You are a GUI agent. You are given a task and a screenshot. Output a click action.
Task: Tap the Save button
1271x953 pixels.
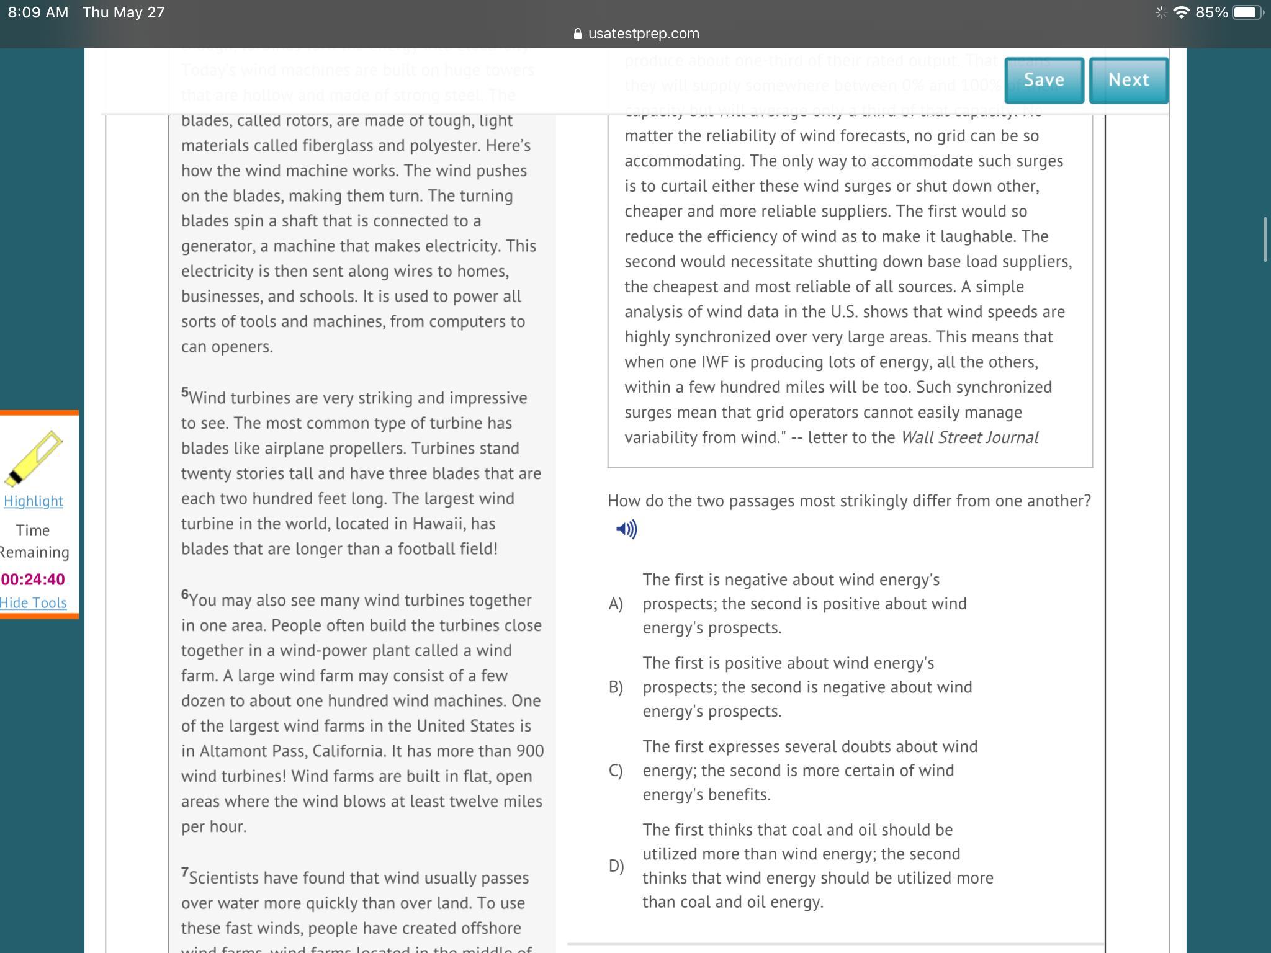(x=1044, y=80)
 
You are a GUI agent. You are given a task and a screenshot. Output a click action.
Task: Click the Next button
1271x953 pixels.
(x=1128, y=80)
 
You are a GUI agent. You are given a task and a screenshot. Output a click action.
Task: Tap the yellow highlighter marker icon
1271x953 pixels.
(x=34, y=458)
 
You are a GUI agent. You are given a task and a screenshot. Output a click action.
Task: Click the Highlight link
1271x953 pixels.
(x=34, y=501)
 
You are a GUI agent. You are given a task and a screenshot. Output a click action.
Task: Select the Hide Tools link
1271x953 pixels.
(x=34, y=602)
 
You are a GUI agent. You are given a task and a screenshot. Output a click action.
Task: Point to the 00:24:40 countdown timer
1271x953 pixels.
(x=33, y=579)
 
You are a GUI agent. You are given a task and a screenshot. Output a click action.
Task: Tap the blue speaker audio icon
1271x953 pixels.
(x=626, y=529)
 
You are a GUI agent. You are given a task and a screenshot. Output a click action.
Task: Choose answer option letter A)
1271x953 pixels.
(x=616, y=604)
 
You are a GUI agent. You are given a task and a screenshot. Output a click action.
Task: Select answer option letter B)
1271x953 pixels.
(x=616, y=687)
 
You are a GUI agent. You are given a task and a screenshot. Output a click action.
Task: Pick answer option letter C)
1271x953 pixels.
(x=616, y=771)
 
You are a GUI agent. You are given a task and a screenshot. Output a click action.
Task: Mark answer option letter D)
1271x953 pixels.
(x=616, y=866)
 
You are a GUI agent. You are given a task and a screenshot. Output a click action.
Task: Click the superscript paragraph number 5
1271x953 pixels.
(x=185, y=392)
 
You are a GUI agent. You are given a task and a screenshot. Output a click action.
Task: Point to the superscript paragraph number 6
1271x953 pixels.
(x=185, y=594)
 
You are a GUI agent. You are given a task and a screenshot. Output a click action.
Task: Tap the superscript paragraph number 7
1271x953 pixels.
(x=185, y=872)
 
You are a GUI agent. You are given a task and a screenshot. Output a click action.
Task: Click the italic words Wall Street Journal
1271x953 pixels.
(x=969, y=437)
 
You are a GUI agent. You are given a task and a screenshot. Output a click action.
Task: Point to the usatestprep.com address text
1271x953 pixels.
(x=644, y=34)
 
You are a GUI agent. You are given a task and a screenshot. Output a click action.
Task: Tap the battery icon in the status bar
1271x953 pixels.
(x=1247, y=12)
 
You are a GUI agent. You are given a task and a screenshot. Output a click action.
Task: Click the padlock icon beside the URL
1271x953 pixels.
(x=578, y=34)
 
